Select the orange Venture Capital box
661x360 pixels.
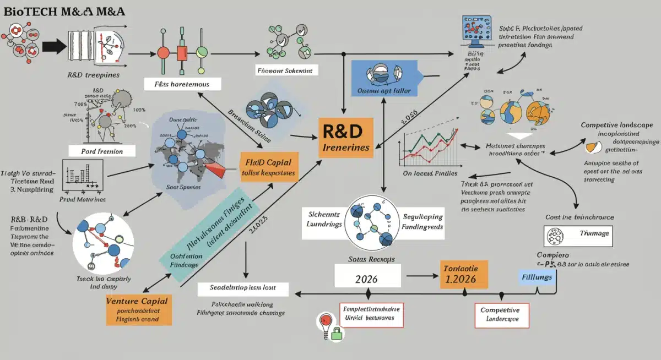139,309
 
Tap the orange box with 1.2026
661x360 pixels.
464,273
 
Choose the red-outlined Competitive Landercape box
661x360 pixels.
501,315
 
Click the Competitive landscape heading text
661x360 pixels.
619,125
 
